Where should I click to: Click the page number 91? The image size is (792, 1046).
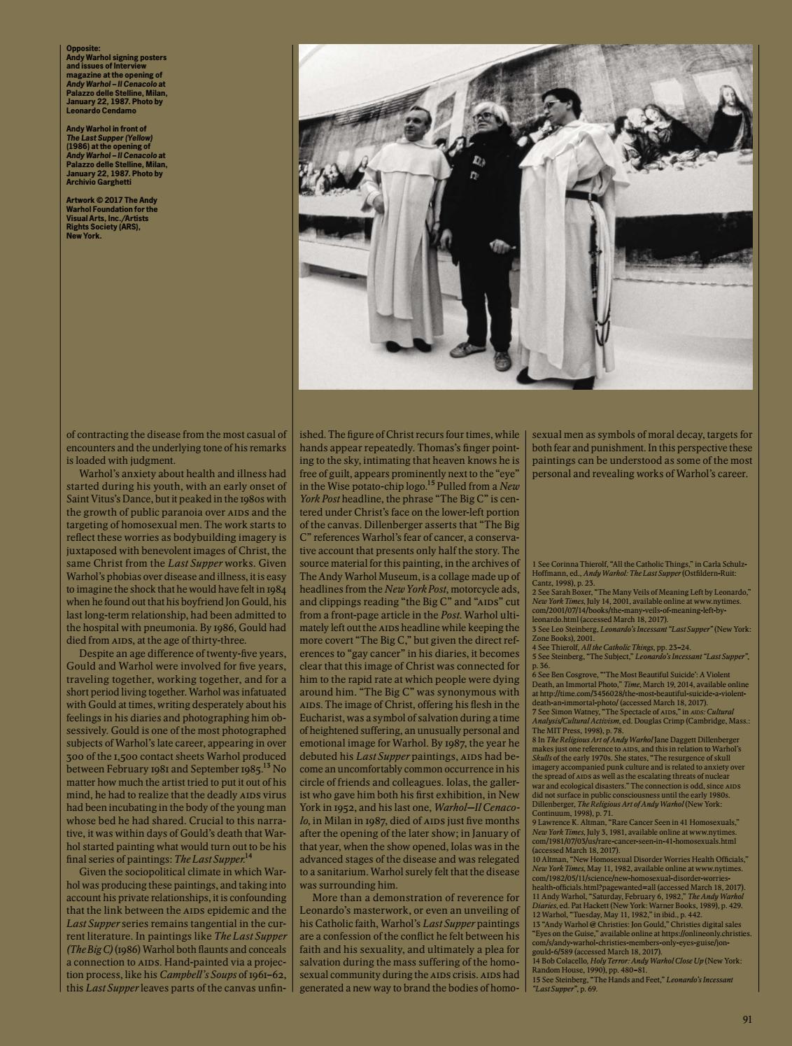(x=747, y=1019)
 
